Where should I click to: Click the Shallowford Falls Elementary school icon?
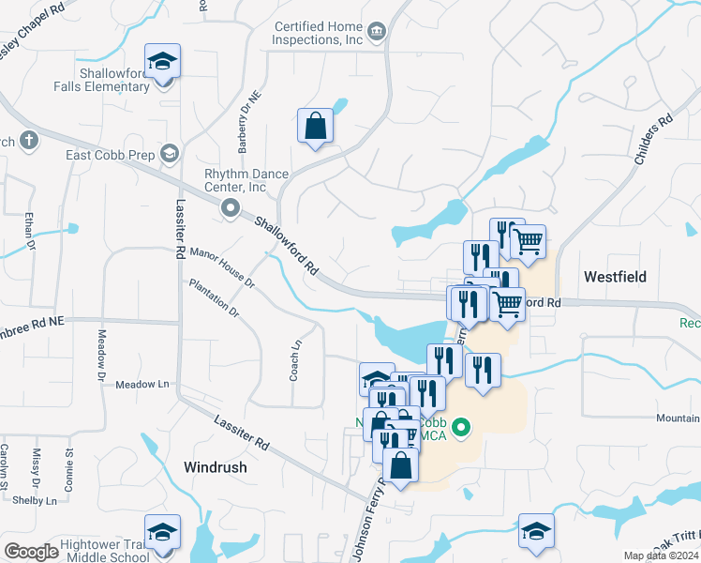coord(163,63)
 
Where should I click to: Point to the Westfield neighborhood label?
coord(615,277)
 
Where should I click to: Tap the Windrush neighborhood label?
coord(216,466)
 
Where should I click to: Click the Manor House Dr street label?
coord(222,266)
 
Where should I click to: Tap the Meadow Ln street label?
coord(142,385)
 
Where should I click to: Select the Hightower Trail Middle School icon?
coord(163,532)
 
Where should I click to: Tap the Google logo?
coord(31,552)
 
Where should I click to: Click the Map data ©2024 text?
coord(661,555)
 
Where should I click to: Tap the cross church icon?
coord(29,142)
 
